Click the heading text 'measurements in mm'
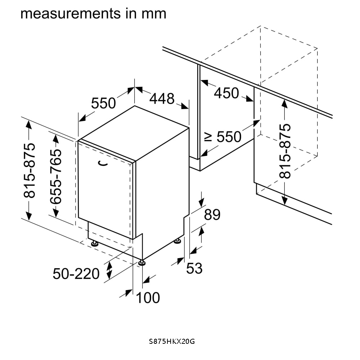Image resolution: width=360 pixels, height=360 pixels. pyautogui.click(x=93, y=13)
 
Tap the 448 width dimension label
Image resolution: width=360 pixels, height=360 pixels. pyautogui.click(x=162, y=99)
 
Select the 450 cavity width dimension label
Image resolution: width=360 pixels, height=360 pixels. pyautogui.click(x=226, y=93)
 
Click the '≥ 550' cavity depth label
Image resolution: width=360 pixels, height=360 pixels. pyautogui.click(x=223, y=137)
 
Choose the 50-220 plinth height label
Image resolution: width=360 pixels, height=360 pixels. pyautogui.click(x=76, y=274)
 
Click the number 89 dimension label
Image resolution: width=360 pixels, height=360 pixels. pyautogui.click(x=212, y=215)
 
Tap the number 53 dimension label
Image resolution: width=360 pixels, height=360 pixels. pyautogui.click(x=194, y=268)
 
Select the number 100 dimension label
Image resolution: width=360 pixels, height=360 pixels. pyautogui.click(x=148, y=298)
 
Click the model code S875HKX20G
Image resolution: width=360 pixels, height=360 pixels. pyautogui.click(x=172, y=341)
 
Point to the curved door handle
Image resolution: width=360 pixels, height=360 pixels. pyautogui.click(x=103, y=164)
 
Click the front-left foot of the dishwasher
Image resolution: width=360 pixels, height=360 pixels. pyautogui.click(x=95, y=244)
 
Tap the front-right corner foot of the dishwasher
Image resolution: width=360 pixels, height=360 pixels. pyautogui.click(x=142, y=262)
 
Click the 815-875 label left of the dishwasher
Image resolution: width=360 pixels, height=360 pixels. pyautogui.click(x=30, y=170)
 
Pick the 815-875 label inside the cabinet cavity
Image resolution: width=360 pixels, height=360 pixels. pyautogui.click(x=285, y=151)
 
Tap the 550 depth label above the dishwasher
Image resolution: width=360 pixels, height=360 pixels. pyautogui.click(x=103, y=104)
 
